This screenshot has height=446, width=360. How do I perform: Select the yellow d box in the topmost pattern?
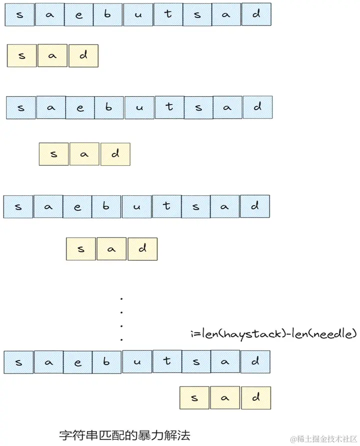coord(83,56)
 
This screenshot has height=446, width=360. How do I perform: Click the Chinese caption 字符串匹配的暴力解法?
coord(124,433)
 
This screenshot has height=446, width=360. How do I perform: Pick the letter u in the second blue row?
coord(139,108)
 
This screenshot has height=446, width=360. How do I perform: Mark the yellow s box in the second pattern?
coord(53,154)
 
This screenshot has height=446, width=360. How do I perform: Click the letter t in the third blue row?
coord(166,206)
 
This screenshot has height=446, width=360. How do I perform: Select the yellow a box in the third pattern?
coord(111,248)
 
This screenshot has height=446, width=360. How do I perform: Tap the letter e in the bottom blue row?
coord(78,362)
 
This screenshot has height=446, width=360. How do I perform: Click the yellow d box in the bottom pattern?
coord(255,398)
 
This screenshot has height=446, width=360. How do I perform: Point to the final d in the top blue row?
coord(256,15)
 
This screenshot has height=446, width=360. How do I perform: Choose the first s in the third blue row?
coord(19,206)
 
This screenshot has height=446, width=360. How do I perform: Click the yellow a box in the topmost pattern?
coord(52,56)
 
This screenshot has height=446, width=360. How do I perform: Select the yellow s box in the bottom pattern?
coord(194,398)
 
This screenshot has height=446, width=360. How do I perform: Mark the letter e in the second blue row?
coord(80,108)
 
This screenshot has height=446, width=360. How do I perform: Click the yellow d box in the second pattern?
coord(115,154)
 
